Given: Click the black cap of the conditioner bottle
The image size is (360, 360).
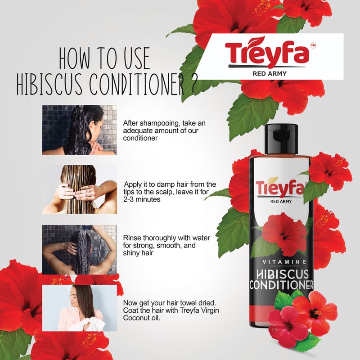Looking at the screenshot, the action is [282, 139].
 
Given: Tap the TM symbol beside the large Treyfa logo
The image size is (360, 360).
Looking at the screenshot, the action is [313, 45].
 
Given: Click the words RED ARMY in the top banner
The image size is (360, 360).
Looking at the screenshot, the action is [270, 74].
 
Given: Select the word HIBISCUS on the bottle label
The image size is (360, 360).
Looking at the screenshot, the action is [283, 274].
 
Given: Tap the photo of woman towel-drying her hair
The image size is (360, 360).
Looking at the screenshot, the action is [80, 308].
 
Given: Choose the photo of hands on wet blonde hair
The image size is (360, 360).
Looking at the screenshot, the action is [80, 189].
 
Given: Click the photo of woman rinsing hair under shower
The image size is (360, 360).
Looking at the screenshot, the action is [80, 250].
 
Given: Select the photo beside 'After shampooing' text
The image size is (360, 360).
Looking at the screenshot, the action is [80, 130].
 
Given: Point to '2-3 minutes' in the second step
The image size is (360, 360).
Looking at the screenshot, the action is [142, 199].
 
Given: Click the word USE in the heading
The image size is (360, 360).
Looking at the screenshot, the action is [137, 58].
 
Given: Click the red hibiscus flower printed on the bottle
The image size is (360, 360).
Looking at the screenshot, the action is [285, 234].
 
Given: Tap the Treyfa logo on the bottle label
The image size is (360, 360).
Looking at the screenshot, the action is [280, 188].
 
